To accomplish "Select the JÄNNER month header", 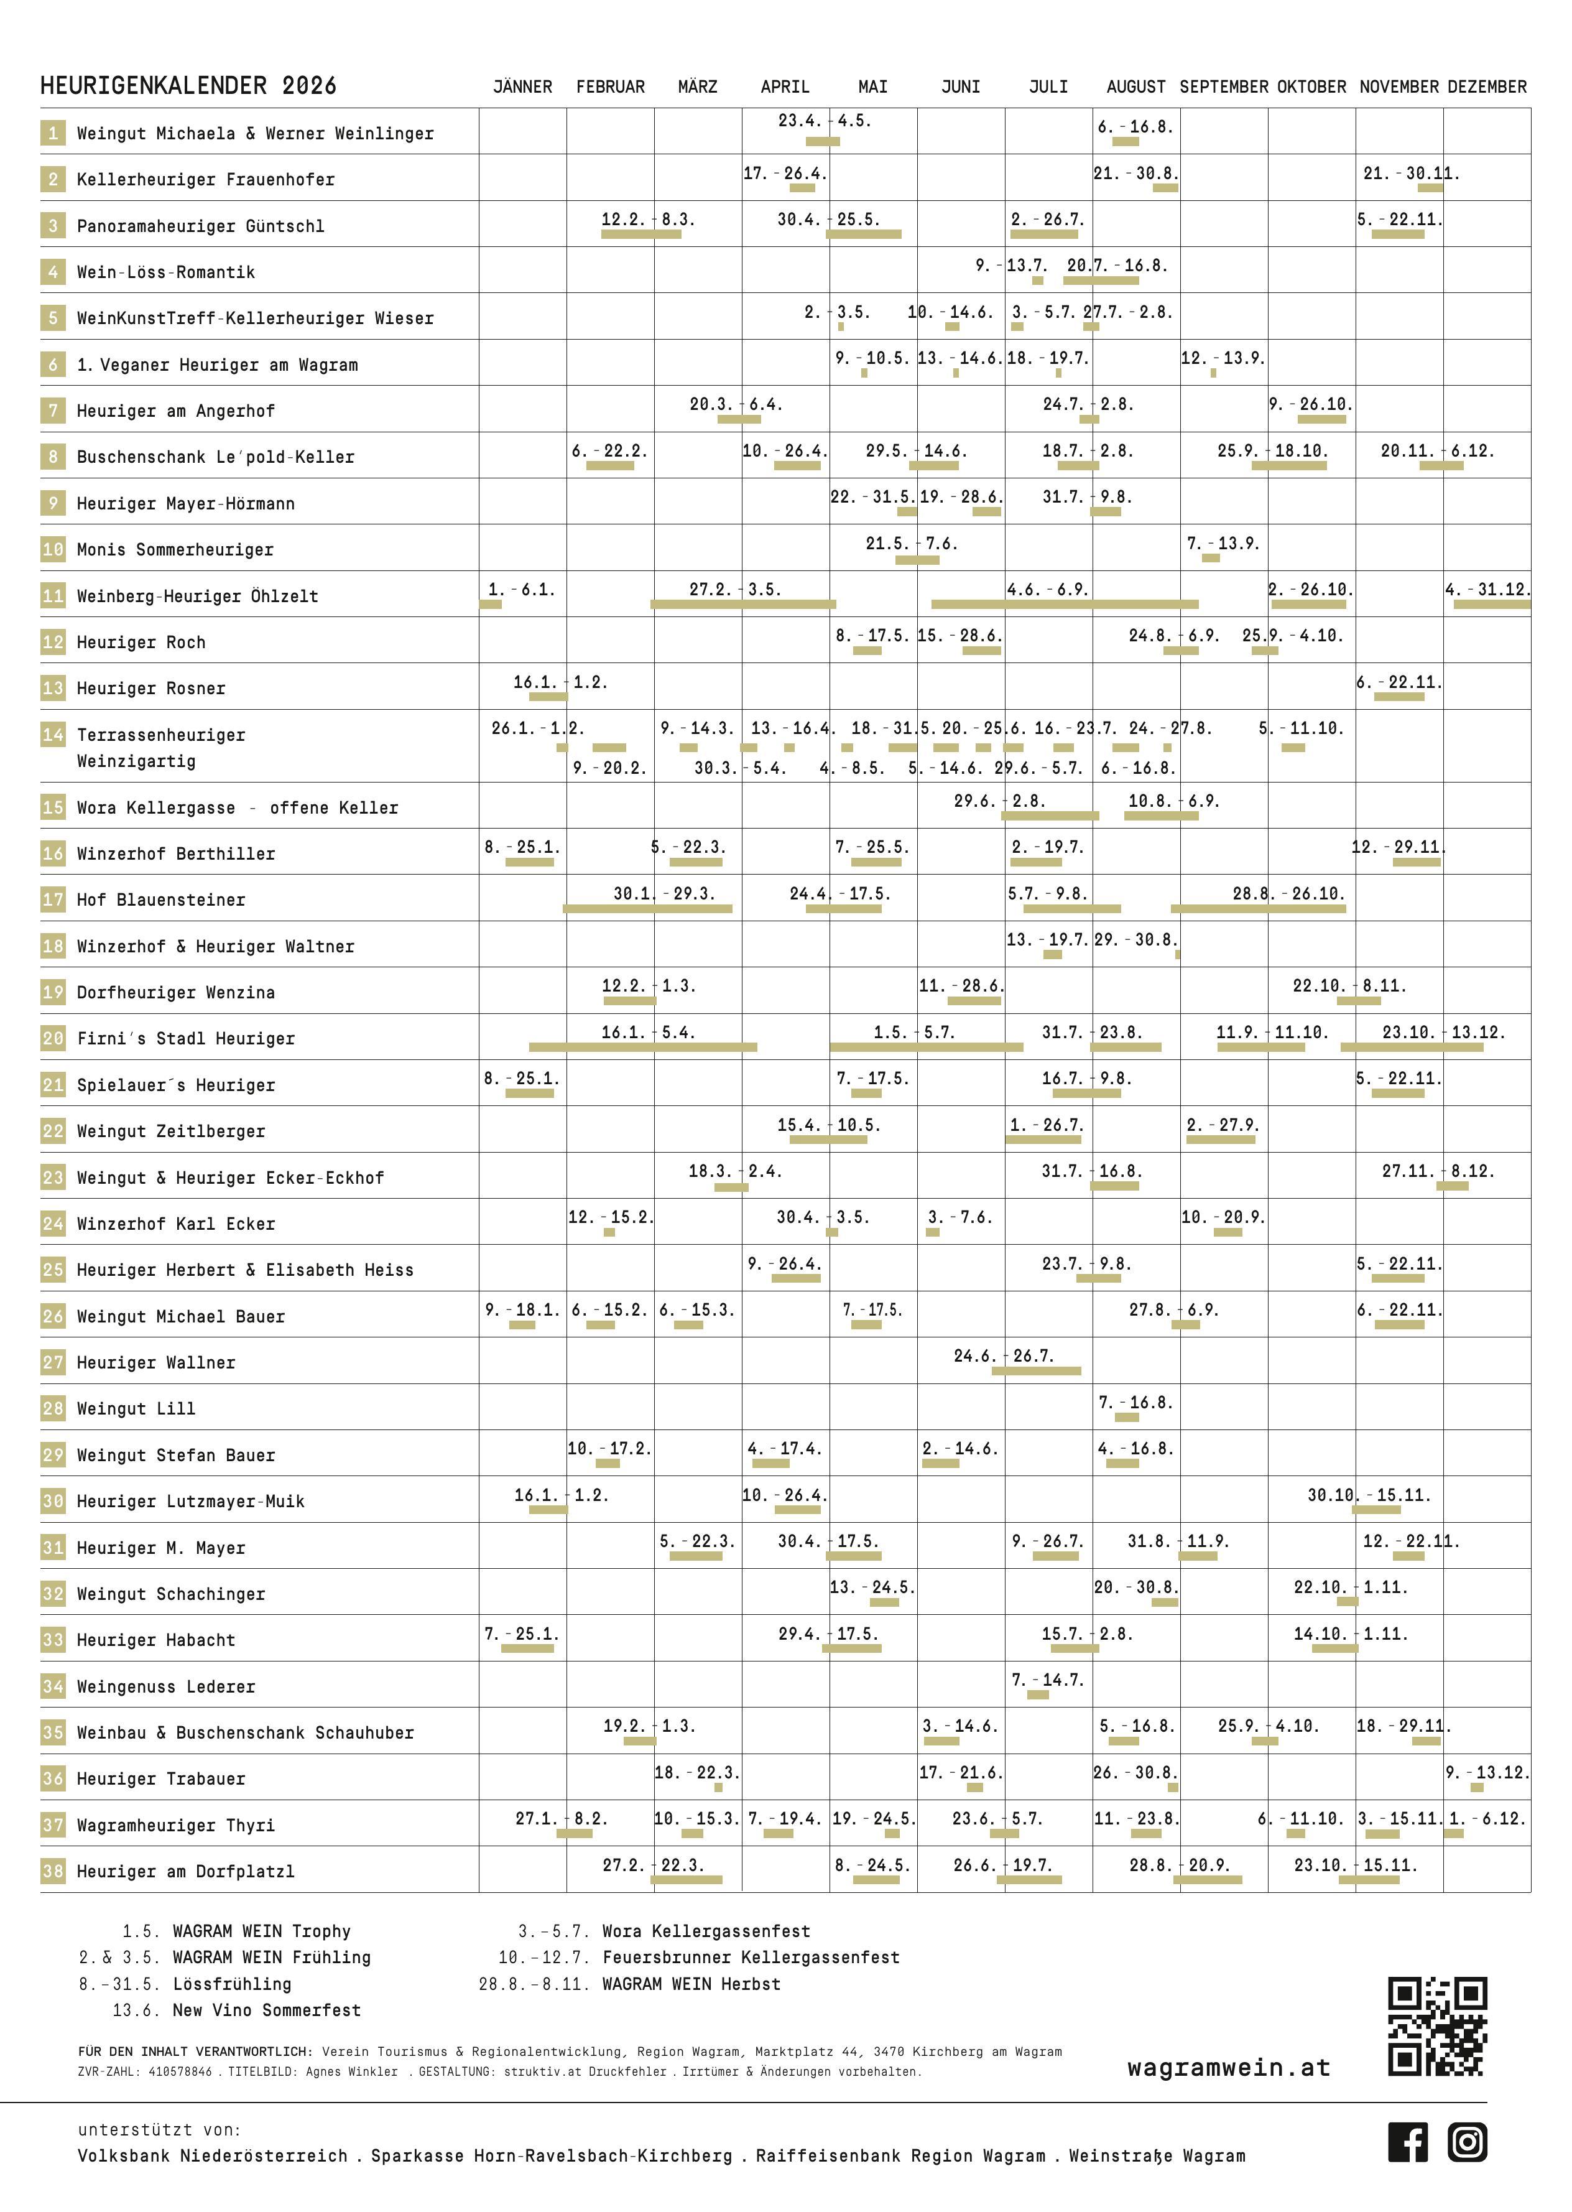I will (x=523, y=87).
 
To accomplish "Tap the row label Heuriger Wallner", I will (x=156, y=1362).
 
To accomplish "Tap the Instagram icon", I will (x=1468, y=2142).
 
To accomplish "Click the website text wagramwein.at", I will (x=1228, y=2068).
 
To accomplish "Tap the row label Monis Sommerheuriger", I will (x=175, y=550).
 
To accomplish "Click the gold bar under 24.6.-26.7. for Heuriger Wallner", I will (x=1036, y=1371).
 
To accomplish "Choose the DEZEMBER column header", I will (x=1487, y=87).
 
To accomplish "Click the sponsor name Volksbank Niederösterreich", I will (x=212, y=2156).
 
